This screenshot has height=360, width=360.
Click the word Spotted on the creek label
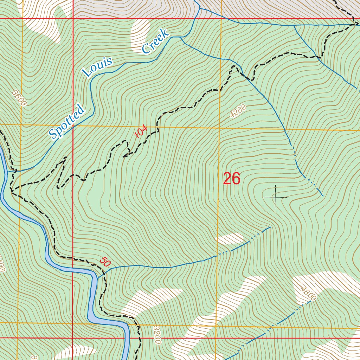[x=67, y=122]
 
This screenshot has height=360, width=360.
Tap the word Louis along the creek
[x=98, y=67]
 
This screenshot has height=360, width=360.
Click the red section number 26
[x=232, y=179]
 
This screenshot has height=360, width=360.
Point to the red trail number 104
[x=141, y=132]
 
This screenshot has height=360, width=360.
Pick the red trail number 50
[x=104, y=262]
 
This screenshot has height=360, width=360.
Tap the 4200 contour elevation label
[x=238, y=111]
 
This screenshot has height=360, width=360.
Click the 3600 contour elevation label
[x=19, y=98]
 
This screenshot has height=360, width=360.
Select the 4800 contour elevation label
[x=308, y=294]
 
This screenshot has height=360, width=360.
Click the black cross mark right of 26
[x=275, y=197]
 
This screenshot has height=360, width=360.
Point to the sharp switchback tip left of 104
[x=123, y=157]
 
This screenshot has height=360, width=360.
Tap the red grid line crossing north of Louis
[x=73, y=18]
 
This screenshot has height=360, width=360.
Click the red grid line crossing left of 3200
[x=72, y=338]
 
